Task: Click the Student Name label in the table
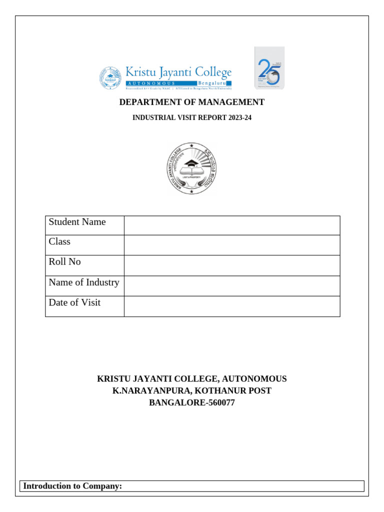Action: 77,222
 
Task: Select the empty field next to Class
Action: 232,245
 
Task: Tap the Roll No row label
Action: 64,261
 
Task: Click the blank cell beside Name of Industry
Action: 232,285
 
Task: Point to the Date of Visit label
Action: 74,302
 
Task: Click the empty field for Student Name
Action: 232,225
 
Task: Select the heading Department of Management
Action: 191,102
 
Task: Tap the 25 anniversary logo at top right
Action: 269,67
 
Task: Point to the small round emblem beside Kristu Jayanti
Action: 110,78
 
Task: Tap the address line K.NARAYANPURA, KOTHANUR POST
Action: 191,390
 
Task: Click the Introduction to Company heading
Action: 73,486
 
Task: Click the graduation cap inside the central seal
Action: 191,163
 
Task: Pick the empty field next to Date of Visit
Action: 232,306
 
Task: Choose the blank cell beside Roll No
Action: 232,265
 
